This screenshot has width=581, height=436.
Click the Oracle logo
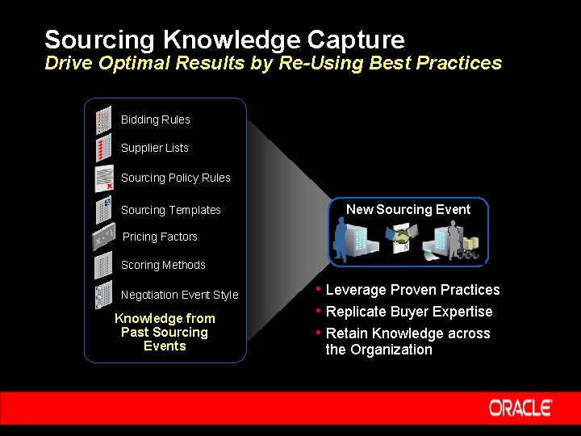point(520,408)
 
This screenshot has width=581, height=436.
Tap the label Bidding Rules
point(155,119)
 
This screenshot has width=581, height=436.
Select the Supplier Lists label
point(154,148)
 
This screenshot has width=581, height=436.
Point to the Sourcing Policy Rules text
point(175,178)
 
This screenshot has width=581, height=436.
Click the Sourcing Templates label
point(170,210)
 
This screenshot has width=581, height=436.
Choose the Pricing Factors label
point(160,237)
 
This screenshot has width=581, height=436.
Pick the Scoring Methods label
point(163,265)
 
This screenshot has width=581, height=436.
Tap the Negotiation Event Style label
point(179,295)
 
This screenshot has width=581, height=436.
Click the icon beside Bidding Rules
point(102,120)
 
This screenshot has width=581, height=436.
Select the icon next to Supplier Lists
point(102,149)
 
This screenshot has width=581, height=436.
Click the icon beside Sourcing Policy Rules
point(103,178)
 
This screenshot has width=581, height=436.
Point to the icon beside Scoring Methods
point(102,265)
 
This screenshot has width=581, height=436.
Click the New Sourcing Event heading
point(408,209)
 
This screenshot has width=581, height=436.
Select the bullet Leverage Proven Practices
point(412,290)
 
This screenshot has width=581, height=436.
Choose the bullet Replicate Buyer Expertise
point(408,312)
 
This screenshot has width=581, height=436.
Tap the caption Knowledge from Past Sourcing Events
point(165,332)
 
